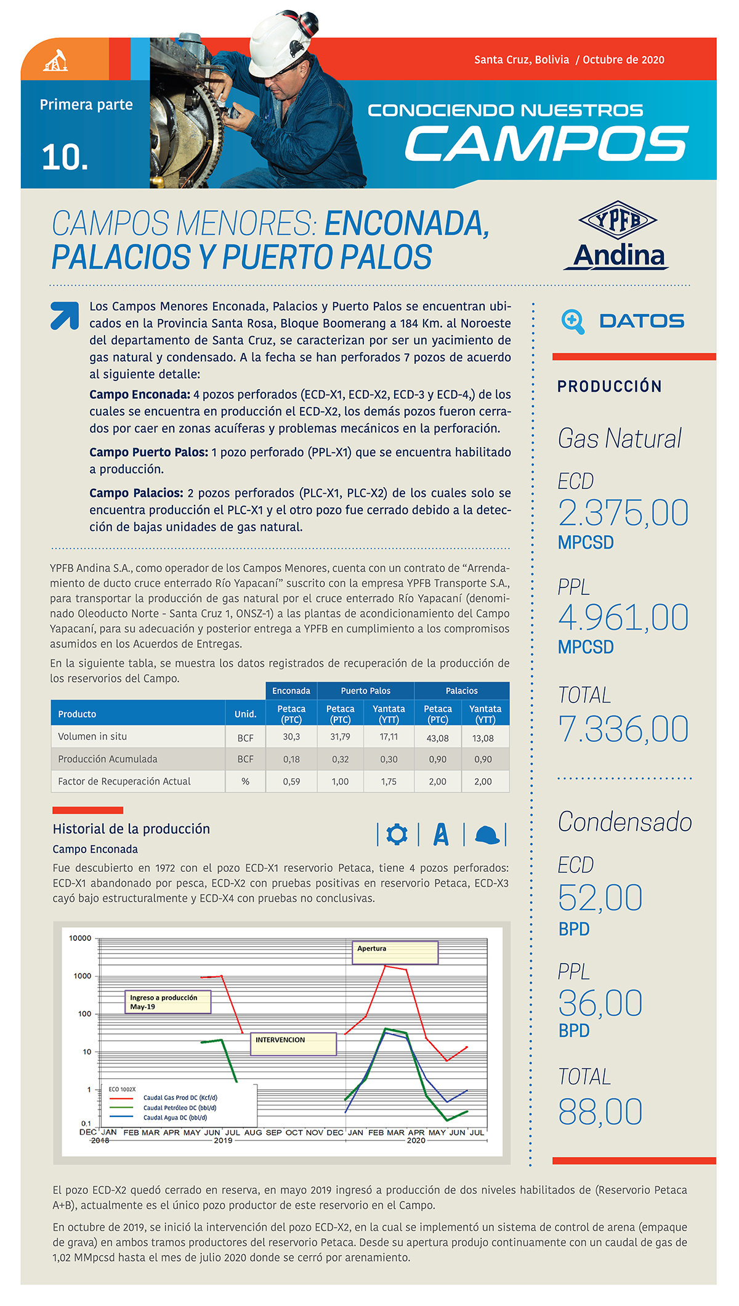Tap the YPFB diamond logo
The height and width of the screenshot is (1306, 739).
coord(618,220)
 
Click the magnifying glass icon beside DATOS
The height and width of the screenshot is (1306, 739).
coord(573,321)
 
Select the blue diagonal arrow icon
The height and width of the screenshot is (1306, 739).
coord(65,316)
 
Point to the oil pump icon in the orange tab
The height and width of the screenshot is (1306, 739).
coord(55,60)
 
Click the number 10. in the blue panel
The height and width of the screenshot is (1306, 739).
coord(65,158)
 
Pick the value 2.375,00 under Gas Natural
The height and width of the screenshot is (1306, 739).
coord(623,513)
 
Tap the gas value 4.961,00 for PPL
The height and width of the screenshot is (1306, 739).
coord(623,618)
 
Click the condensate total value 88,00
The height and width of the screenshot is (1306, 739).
coord(600,1112)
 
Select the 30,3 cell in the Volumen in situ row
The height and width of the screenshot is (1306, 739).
coord(291,737)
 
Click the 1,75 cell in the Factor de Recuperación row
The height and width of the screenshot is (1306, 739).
coord(389,781)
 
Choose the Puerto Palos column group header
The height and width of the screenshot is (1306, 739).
coord(365,691)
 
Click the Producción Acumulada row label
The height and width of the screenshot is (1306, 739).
coord(108,759)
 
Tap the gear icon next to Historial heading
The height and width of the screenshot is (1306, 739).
coord(397,834)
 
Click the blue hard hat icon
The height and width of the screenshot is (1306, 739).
coord(487,835)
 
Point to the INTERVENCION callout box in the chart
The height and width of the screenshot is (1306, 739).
coord(293,1044)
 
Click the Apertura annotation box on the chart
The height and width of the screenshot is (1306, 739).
coord(394,952)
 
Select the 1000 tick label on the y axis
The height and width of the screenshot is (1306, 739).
coord(82,976)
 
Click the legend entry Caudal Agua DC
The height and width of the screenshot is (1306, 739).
coord(175,1118)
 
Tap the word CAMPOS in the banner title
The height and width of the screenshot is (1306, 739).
coord(546,144)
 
